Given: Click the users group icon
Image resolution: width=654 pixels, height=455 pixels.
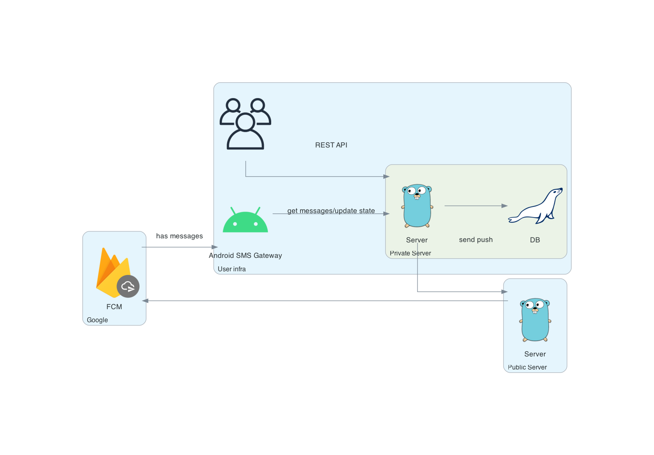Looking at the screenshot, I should point(245,124).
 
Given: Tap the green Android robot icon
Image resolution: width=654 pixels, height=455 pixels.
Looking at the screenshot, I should point(245,221).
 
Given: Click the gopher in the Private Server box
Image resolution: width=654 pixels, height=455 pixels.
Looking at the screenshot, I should point(417,206).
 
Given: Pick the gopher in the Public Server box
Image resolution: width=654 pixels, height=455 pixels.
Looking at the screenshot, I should point(535,320).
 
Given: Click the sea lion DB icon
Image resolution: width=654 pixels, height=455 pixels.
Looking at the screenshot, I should point(535,206).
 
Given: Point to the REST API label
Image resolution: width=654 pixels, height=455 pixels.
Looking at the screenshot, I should point(331,145).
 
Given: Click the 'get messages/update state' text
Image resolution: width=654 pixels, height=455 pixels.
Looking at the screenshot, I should point(331,211).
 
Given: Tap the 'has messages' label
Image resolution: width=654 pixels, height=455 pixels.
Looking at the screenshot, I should point(179,236).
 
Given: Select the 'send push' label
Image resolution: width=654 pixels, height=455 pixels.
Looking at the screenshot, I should point(475,240).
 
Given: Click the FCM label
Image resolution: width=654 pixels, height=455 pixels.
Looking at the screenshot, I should point(114,307).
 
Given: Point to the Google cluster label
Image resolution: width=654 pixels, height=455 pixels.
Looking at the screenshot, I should point(97,320).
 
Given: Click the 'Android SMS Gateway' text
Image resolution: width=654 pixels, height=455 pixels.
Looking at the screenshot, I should point(245,255).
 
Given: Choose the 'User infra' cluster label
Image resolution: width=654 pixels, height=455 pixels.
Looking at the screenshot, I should point(232,269).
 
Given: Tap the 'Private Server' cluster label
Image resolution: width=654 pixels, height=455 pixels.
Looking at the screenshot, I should point(410,253).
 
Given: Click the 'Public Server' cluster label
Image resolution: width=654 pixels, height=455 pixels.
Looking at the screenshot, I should point(527,367).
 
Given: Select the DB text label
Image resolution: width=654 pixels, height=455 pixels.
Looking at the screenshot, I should point(535,240).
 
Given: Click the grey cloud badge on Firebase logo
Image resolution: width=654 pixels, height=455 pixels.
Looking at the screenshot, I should point(128,286).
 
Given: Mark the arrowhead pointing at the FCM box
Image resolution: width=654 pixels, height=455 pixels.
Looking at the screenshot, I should point(145,301).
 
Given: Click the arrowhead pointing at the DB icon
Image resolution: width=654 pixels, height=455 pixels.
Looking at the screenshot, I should point(504,206).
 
